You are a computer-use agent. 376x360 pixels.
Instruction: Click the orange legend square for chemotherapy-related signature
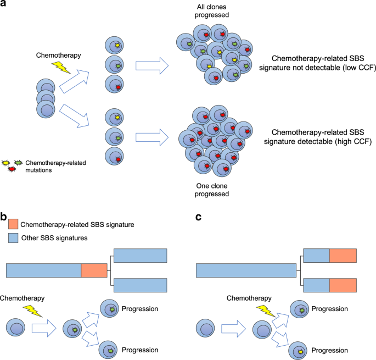tap(12, 224)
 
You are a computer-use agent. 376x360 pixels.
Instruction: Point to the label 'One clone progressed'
tap(211, 188)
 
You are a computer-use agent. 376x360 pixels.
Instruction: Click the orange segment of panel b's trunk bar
tap(94, 270)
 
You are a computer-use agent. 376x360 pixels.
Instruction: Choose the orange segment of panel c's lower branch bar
tap(343, 285)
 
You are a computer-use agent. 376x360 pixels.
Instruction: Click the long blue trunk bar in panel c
tap(246, 270)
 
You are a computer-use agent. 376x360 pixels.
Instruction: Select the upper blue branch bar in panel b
tap(140, 256)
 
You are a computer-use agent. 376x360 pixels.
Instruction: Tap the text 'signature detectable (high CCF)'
tap(318, 142)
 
